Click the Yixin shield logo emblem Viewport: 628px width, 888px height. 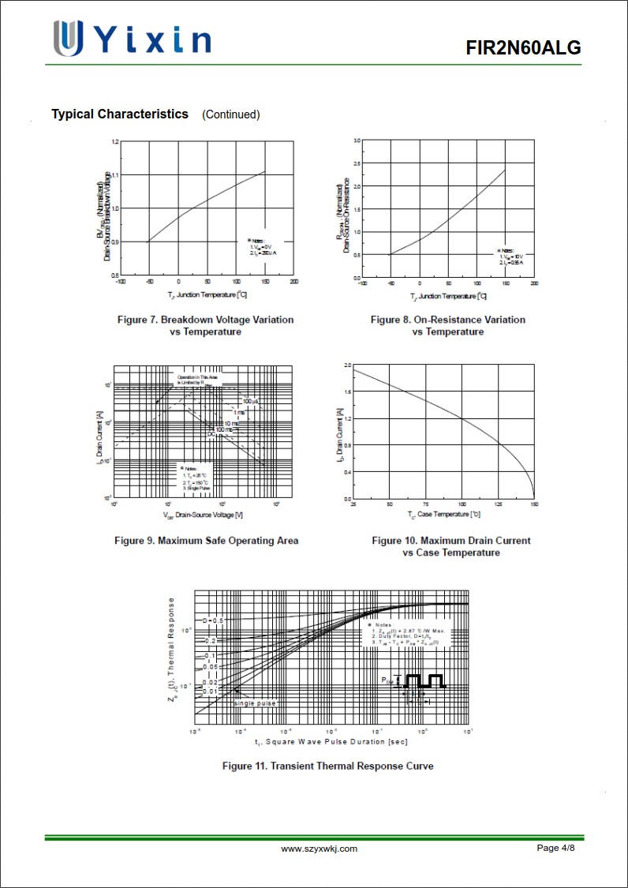coord(68,38)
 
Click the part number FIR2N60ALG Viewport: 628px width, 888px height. coord(523,48)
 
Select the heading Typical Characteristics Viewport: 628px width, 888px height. coord(120,114)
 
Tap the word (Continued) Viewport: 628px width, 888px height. coord(230,114)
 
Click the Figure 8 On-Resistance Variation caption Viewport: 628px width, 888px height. coord(447,325)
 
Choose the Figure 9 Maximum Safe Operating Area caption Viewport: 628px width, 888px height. coord(206,541)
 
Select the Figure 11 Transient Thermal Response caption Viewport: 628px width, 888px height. coord(327,766)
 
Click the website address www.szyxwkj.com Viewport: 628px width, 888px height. coord(319,849)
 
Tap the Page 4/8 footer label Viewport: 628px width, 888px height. coord(555,848)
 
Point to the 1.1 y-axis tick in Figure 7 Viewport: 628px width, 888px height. coord(115,174)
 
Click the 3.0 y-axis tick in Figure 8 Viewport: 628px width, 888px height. coord(357,141)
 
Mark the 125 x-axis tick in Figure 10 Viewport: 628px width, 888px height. coord(498,504)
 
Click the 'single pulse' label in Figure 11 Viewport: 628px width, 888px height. coord(256,703)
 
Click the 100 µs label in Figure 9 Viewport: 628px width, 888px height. coord(250,402)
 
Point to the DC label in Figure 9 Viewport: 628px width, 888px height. coord(211,435)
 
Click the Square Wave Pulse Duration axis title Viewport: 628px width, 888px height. coord(331,742)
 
